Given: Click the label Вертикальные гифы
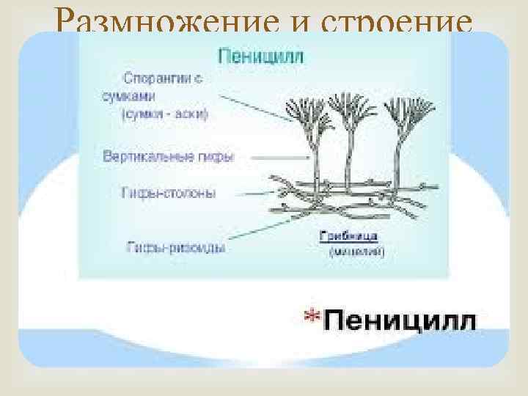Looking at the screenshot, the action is click(x=172, y=157).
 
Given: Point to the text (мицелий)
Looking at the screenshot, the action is click(x=357, y=252).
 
